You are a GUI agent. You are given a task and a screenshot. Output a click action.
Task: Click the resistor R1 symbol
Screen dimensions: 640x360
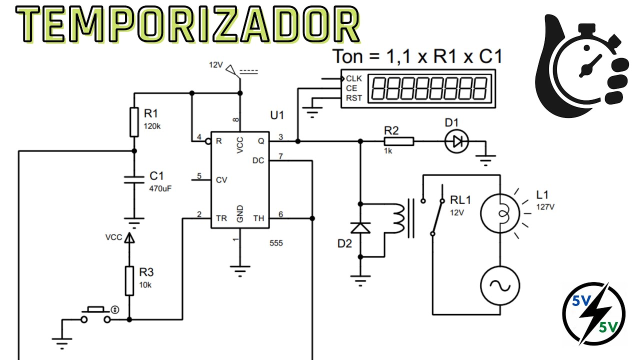coord(134,122)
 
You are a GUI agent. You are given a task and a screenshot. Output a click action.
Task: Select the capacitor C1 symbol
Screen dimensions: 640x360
coord(134,179)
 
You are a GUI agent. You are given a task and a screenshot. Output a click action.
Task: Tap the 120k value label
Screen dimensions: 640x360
coord(152,126)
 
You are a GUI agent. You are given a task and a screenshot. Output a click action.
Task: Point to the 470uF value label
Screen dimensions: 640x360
coord(160,188)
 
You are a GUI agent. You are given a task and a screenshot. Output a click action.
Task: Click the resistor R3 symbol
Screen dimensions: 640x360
coord(129,281)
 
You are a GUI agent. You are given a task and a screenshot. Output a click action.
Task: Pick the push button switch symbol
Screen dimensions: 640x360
coord(95,315)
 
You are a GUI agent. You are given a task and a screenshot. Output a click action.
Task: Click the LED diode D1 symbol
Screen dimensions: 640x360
coord(456,141)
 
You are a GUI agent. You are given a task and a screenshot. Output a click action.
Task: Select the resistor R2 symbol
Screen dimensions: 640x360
coord(399,141)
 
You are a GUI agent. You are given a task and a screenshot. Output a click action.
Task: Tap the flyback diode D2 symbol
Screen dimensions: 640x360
coord(360,228)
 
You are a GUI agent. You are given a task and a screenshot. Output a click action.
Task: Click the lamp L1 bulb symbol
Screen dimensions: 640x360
coord(500,213)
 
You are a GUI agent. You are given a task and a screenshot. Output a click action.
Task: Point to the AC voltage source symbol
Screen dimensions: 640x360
coord(500,285)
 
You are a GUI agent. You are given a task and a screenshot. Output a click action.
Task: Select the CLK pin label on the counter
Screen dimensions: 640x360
coord(353,78)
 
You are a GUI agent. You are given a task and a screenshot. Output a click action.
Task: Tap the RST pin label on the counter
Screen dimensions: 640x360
coord(353,98)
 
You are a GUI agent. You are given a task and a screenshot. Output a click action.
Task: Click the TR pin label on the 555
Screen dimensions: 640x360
coord(221,218)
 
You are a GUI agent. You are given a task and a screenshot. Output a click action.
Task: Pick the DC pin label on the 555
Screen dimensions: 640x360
coord(258,160)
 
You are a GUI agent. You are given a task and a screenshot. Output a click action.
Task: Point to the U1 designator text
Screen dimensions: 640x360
coord(277,115)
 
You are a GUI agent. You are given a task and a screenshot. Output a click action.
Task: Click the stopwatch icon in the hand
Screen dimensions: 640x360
coord(590,64)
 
